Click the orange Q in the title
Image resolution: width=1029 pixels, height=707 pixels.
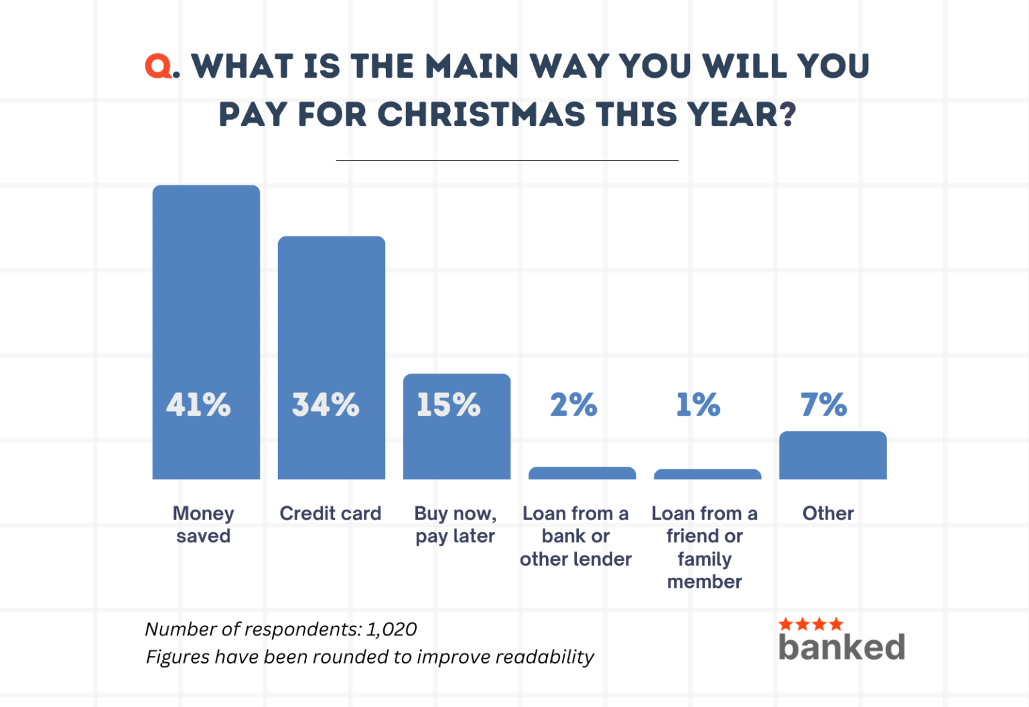[159, 66]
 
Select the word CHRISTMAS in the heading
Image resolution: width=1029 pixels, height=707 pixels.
[481, 114]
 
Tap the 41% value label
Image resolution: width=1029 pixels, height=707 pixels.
[198, 405]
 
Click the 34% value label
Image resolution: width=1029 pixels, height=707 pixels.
[326, 405]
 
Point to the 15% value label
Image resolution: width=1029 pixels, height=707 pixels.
[449, 405]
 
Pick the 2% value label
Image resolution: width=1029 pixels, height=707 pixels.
[573, 405]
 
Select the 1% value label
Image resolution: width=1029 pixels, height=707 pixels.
[698, 405]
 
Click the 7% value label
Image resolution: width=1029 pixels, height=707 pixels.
[824, 405]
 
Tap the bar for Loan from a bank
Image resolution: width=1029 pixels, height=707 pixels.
[582, 473]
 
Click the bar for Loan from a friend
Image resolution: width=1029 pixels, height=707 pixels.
[707, 475]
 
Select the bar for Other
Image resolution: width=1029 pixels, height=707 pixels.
[833, 455]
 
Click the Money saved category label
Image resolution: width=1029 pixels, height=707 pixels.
[204, 524]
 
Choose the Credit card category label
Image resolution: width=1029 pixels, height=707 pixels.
[330, 514]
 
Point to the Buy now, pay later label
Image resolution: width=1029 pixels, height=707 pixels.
[456, 524]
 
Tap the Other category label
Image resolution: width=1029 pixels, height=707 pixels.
[828, 514]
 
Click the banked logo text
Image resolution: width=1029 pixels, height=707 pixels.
[841, 647]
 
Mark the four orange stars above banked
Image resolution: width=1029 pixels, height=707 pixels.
[811, 624]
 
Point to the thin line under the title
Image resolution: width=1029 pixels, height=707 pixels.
[507, 161]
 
